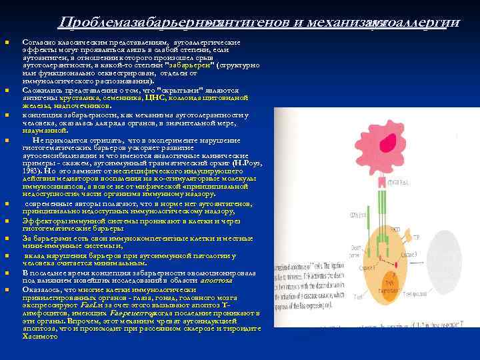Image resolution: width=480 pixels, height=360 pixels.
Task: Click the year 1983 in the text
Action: click(32, 171)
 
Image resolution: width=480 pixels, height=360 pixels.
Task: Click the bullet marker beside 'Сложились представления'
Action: click(7, 89)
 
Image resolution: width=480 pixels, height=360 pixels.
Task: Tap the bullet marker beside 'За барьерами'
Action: click(7, 238)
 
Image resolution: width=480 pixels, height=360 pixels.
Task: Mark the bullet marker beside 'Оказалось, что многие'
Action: click(7, 289)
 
